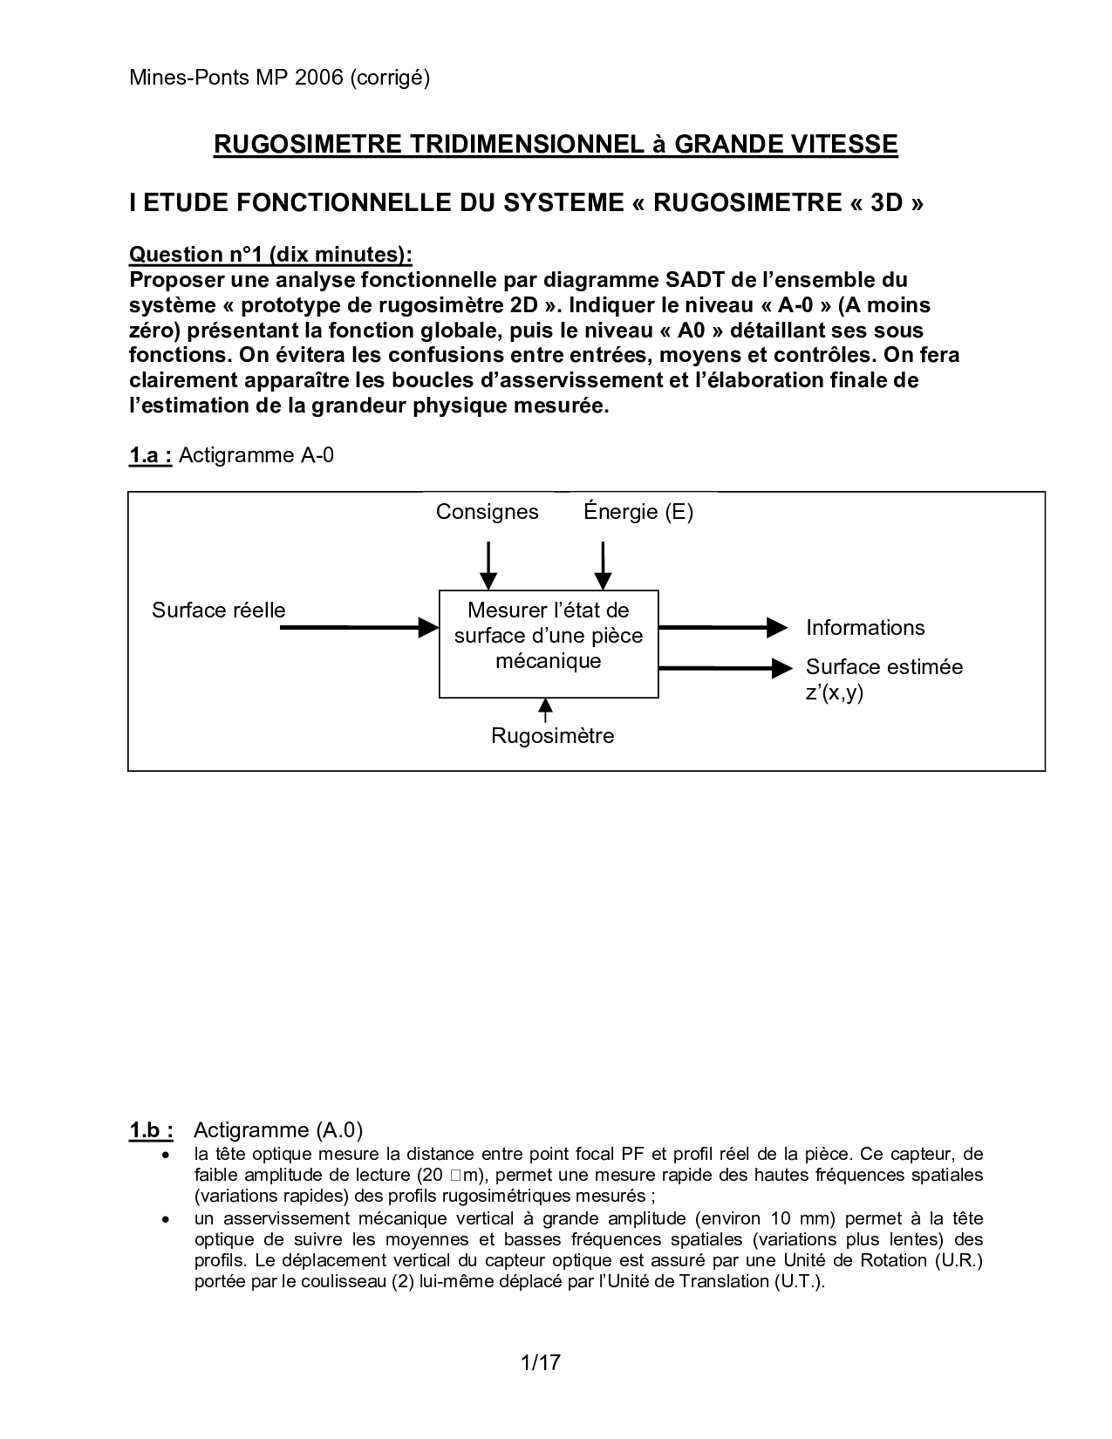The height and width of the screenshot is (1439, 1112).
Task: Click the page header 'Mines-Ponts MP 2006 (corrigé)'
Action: click(x=279, y=78)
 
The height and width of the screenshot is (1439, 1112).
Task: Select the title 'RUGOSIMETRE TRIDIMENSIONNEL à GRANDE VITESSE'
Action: click(x=556, y=144)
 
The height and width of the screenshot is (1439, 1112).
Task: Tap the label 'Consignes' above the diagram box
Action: click(x=487, y=512)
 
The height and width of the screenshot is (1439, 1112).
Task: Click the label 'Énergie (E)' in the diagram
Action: click(x=638, y=512)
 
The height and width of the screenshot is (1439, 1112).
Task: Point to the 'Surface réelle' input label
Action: click(x=218, y=610)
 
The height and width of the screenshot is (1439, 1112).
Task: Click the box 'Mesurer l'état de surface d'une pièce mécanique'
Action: click(x=549, y=644)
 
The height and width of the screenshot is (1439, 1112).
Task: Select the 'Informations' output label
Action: click(x=865, y=628)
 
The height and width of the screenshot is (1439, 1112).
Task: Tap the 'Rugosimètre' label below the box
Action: click(x=552, y=736)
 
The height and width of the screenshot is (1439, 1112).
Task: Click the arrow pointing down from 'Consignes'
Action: click(x=488, y=565)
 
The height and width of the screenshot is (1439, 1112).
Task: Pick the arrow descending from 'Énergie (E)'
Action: click(x=602, y=565)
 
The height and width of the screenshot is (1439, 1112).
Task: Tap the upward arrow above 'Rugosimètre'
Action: click(x=545, y=710)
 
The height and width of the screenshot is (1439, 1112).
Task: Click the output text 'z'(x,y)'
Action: click(x=834, y=694)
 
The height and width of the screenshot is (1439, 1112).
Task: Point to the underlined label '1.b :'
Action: click(x=151, y=1131)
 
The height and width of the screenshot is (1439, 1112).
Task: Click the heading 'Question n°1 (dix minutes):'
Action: click(x=270, y=255)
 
